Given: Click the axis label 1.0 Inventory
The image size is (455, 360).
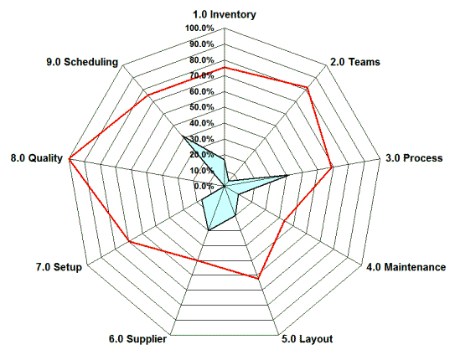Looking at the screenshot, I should [225, 14].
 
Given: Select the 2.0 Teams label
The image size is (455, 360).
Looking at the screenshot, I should [354, 62].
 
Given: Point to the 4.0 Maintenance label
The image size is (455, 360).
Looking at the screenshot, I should [406, 267].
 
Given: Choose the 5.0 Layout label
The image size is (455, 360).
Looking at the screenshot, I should [307, 339].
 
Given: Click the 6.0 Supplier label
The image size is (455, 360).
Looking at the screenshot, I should [137, 339].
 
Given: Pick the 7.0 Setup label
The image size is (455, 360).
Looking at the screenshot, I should [59, 267].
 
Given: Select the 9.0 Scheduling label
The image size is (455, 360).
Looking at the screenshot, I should [84, 62].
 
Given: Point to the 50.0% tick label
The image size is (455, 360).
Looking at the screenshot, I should [202, 106].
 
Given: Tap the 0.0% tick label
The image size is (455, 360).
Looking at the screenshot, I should [204, 185].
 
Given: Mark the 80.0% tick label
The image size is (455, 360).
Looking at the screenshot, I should [202, 59].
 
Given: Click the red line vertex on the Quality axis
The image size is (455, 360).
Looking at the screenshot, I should [70, 157].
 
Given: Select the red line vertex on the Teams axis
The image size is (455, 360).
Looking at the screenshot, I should [308, 87].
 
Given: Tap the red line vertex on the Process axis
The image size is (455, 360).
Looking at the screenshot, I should [333, 167].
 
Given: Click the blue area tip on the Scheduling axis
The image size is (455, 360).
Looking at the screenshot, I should [182, 135].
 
